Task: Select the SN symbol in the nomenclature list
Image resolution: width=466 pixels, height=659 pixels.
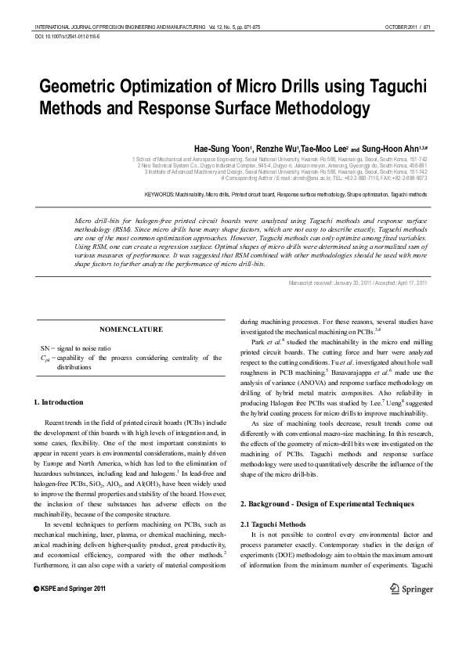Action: [x=45, y=347]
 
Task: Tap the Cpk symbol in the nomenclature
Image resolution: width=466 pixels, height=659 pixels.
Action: [x=45, y=357]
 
